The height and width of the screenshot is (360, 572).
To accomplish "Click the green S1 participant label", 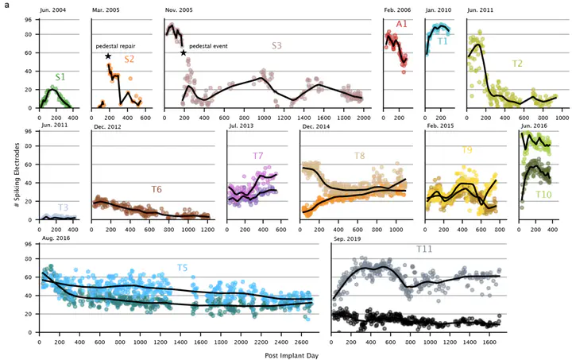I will pyautogui.click(x=60, y=78).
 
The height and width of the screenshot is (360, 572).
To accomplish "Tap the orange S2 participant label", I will pyautogui.click(x=129, y=60).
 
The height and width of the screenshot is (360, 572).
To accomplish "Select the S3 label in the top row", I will pyautogui.click(x=276, y=46).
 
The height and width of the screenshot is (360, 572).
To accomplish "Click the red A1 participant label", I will pyautogui.click(x=402, y=25).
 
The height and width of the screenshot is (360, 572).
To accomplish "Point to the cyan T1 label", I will pyautogui.click(x=443, y=41).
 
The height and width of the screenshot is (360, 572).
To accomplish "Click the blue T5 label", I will pyautogui.click(x=182, y=268).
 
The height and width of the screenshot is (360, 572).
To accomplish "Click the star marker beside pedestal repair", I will pyautogui.click(x=108, y=56).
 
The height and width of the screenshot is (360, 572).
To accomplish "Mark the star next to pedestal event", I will pyautogui.click(x=184, y=53).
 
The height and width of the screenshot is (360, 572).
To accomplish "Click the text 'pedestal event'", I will pyautogui.click(x=208, y=47).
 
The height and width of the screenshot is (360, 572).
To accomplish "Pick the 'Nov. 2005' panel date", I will pyautogui.click(x=182, y=10).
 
